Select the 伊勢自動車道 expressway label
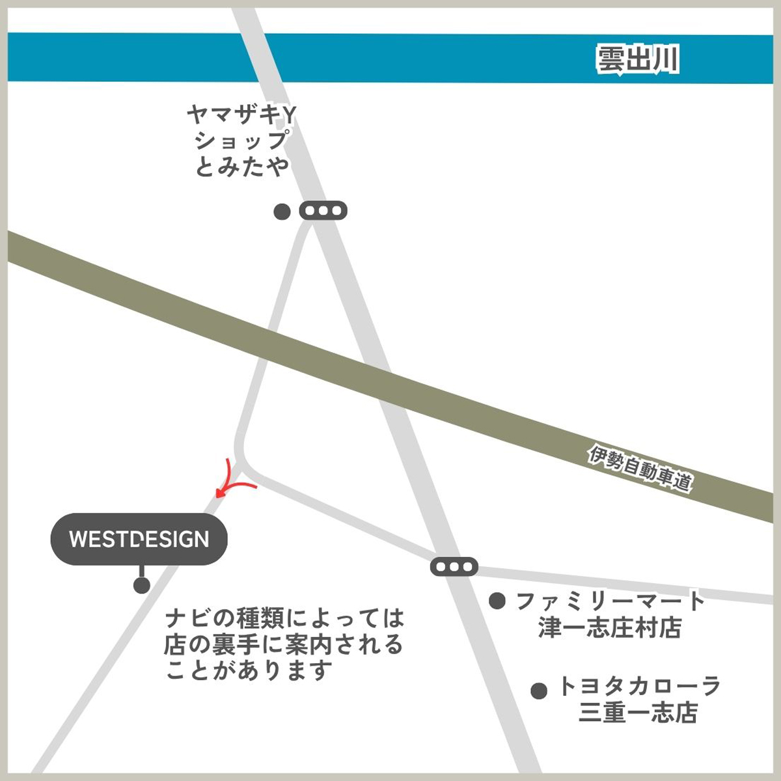pos(640,468)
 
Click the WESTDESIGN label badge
pos(139,539)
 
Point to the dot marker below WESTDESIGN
pos(141,585)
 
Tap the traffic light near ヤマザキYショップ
pos(323,211)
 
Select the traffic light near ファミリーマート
pos(454,567)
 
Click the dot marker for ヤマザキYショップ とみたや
pos(282,212)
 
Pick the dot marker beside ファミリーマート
pos(497,601)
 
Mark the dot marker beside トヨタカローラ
pos(538,691)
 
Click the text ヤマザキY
pos(241,116)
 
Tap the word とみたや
pos(241,167)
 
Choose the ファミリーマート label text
pos(610,600)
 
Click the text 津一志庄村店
pos(610,628)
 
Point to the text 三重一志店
pos(638,713)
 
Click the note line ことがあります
pos(249,670)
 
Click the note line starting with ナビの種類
pos(284,616)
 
